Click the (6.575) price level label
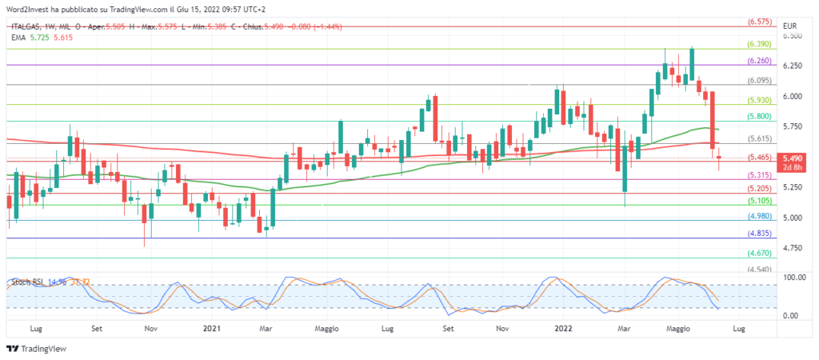click(x=759, y=22)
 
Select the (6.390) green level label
click(x=759, y=45)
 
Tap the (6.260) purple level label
click(x=759, y=61)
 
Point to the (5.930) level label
click(x=759, y=101)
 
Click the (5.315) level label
click(x=759, y=175)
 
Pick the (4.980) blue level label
click(x=759, y=216)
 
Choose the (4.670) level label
click(x=759, y=254)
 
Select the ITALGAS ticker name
click(x=26, y=25)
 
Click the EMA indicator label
click(x=18, y=37)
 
